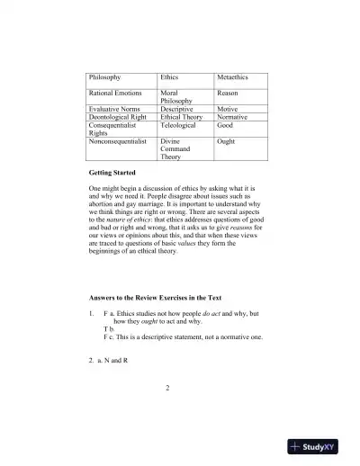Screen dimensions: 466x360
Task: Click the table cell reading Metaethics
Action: [x=233, y=78]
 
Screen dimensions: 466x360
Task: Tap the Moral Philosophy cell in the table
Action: [x=175, y=97]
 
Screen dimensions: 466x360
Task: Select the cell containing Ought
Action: [x=226, y=141]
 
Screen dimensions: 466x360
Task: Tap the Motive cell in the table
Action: [x=229, y=108]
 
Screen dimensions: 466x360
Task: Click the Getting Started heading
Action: [x=113, y=171]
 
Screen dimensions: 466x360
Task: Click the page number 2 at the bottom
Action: [x=168, y=413]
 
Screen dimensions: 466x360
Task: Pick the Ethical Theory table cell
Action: [x=181, y=117]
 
